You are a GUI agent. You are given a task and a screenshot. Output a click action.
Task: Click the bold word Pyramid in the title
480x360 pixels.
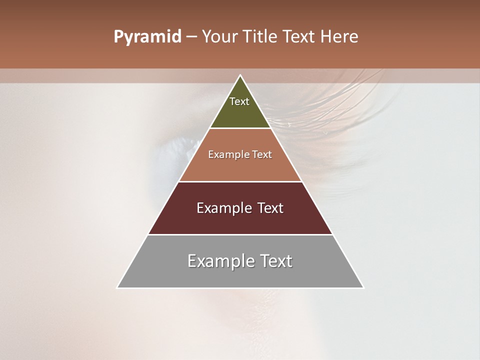147,37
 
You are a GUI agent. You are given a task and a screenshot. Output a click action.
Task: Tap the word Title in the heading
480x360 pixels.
261,37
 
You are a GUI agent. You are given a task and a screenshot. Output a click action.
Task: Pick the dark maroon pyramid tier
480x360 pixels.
240,220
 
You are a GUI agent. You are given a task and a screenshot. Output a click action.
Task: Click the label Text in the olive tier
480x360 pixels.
239,101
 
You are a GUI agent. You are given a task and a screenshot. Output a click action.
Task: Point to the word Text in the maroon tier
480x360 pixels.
270,208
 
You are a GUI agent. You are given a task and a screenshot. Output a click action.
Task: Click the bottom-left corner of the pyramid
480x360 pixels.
117,287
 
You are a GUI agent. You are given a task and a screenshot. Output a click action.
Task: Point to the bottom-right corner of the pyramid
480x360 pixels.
363,287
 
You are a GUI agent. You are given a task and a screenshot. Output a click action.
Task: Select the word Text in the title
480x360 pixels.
299,37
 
